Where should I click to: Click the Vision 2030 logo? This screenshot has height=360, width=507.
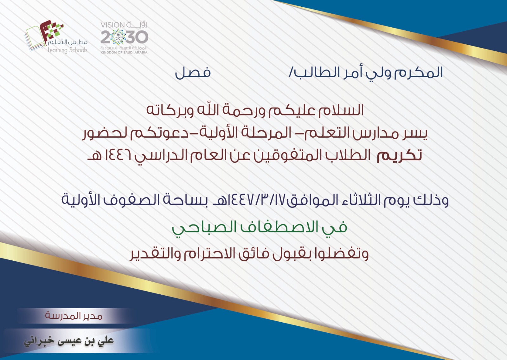[124, 38]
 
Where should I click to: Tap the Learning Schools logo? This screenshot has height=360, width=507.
[56, 37]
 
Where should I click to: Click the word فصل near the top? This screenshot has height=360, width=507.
[193, 73]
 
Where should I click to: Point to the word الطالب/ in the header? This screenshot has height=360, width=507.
[307, 72]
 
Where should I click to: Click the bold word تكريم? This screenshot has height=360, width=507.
[399, 155]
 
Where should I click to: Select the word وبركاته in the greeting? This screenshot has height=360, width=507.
[170, 111]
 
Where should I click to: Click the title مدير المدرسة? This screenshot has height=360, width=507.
[74, 316]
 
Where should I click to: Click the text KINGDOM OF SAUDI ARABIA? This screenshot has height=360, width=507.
[124, 52]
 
